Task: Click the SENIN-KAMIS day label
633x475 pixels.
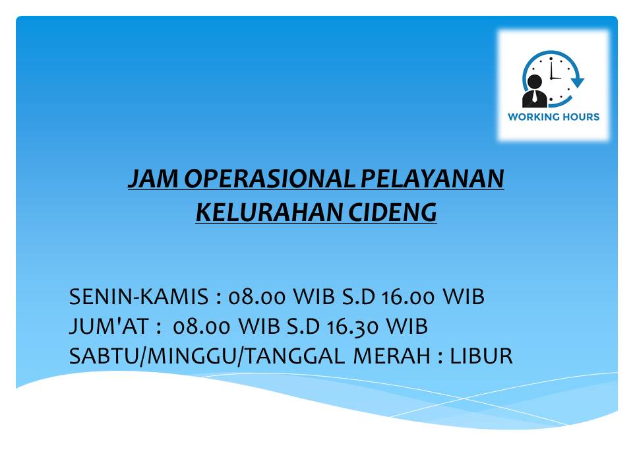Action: coord(139,296)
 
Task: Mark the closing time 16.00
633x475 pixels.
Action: coord(408,296)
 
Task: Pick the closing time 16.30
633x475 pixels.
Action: coord(352,327)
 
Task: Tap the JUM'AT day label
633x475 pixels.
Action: coord(109,327)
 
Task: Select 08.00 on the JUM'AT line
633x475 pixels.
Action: coord(202,327)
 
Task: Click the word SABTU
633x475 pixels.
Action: coord(104,356)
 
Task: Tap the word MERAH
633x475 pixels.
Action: coord(392,356)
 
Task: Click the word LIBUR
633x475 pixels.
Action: coord(481,356)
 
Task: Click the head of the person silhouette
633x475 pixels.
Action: coord(535,82)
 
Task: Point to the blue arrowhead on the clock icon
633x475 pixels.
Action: coord(578,82)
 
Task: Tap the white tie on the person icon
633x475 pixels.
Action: coord(535,96)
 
